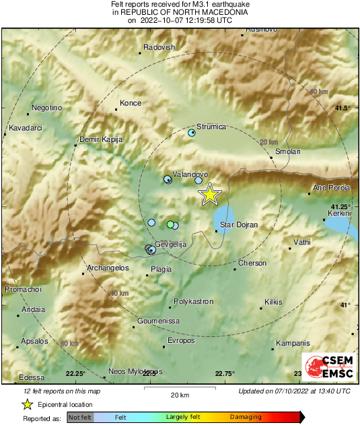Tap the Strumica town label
pyautogui.click(x=212, y=126)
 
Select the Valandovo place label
pyautogui.click(x=190, y=173)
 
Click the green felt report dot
pyautogui.click(x=170, y=224)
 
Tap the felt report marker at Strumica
pyautogui.click(x=192, y=133)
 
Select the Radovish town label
pyautogui.click(x=160, y=47)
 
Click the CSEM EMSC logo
pyautogui.click(x=326, y=368)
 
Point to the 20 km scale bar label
pyautogui.click(x=179, y=394)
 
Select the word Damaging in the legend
pyautogui.click(x=246, y=417)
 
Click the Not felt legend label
pyautogui.click(x=80, y=417)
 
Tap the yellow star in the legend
pyautogui.click(x=27, y=404)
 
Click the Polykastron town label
pyautogui.click(x=193, y=302)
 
